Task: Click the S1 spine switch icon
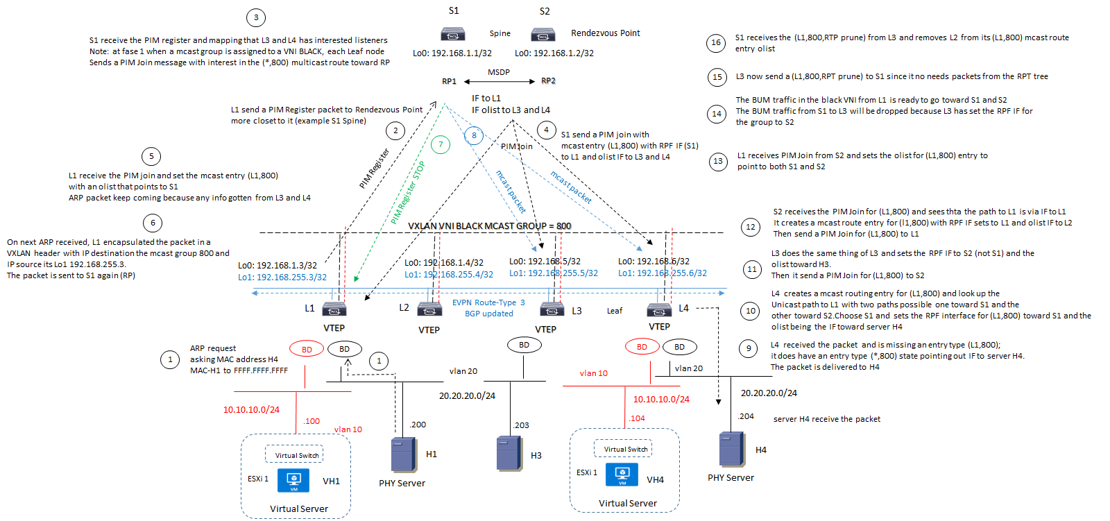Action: point(452,34)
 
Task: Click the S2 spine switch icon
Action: point(543,34)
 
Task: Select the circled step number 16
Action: point(716,43)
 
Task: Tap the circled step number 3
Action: point(256,18)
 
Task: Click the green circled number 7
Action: point(441,144)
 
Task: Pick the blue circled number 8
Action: point(474,135)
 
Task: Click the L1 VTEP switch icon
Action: point(334,309)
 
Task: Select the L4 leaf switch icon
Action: point(659,309)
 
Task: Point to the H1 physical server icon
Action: point(404,455)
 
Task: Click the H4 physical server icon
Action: point(732,449)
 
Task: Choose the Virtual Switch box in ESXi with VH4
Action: point(623,449)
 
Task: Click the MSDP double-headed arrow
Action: point(499,81)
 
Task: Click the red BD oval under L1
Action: point(307,349)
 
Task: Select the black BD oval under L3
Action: point(524,345)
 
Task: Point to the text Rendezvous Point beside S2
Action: point(605,33)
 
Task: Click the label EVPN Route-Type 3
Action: point(488,302)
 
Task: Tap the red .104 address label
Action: point(637,418)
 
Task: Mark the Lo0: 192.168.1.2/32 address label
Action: point(554,53)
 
